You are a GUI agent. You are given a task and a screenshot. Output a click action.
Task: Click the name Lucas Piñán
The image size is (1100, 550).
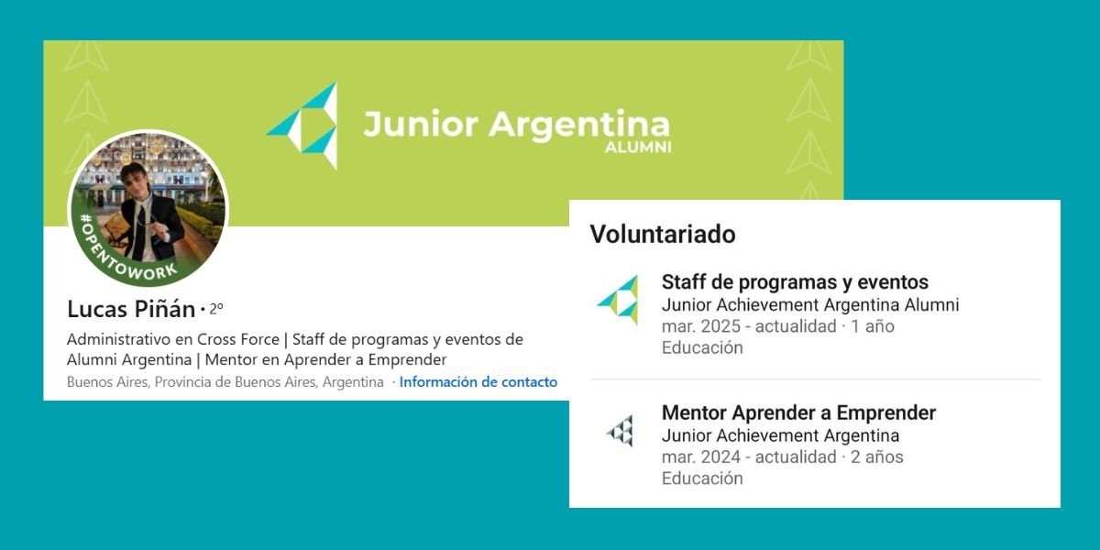point(131,309)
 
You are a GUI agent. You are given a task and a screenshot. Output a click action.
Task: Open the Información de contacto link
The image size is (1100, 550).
point(478,382)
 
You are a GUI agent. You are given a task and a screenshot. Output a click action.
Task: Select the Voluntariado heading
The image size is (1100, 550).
point(662,235)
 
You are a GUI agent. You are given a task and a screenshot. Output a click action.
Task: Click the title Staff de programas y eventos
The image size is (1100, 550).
point(795,282)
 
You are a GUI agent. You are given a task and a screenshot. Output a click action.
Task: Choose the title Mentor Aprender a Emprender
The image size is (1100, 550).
point(798,413)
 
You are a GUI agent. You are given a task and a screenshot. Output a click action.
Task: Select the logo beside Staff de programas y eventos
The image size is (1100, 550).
point(618,300)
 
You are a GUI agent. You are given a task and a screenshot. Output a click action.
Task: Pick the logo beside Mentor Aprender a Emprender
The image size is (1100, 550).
point(620,430)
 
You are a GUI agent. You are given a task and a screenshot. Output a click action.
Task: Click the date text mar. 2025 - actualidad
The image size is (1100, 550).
point(749,326)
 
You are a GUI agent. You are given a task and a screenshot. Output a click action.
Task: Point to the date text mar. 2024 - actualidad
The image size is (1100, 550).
point(749,456)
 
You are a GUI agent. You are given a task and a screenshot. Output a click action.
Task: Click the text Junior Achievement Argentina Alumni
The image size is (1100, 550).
point(809,305)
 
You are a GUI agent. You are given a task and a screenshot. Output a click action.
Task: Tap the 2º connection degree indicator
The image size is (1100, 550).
point(215,308)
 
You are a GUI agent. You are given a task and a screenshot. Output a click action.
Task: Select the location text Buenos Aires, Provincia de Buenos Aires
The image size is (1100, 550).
point(225,382)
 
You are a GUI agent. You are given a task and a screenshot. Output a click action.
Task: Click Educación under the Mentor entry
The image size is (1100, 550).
point(702,478)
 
